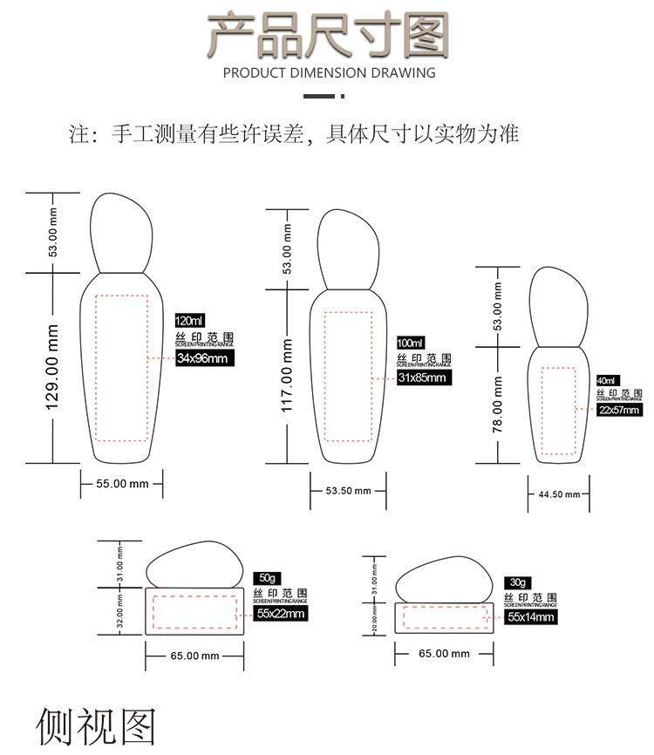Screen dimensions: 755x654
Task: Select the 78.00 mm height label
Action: tap(498, 404)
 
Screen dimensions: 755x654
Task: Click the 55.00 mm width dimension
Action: tap(121, 483)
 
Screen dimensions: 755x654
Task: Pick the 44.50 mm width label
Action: tap(558, 494)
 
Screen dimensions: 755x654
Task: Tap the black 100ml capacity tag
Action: tap(410, 342)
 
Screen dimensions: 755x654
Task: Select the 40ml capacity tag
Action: tap(606, 381)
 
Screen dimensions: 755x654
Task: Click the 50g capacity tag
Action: tap(267, 578)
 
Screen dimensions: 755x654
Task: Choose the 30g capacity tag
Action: tap(519, 582)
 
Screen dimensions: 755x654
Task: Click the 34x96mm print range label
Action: tap(201, 357)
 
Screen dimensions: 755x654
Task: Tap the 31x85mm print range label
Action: tap(422, 377)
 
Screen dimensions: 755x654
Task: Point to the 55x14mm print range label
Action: tap(531, 616)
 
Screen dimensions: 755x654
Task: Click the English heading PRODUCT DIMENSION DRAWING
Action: tap(329, 73)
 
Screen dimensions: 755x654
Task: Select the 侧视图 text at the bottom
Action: tap(96, 727)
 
